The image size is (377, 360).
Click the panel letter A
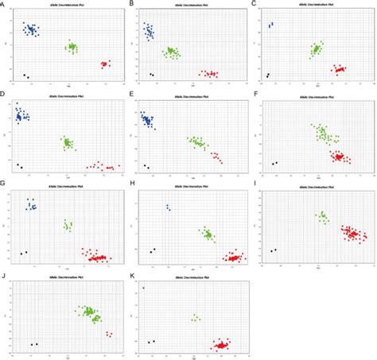tap(4, 4)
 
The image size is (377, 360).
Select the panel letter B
tap(130, 4)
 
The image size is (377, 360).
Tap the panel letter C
tap(254, 4)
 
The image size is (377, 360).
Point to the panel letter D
tap(4, 94)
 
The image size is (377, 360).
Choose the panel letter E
tap(130, 94)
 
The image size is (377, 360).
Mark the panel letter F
tap(254, 94)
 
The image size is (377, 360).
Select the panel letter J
tap(4, 276)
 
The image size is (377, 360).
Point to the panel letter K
tap(130, 276)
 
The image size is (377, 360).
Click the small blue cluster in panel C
tap(270, 25)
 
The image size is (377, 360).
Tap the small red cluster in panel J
tap(108, 334)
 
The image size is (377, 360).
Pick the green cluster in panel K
tap(196, 317)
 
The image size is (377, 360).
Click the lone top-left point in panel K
tap(144, 288)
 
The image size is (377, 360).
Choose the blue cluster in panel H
tap(168, 207)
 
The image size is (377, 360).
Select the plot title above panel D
tap(68, 95)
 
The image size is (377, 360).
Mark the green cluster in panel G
tap(68, 226)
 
